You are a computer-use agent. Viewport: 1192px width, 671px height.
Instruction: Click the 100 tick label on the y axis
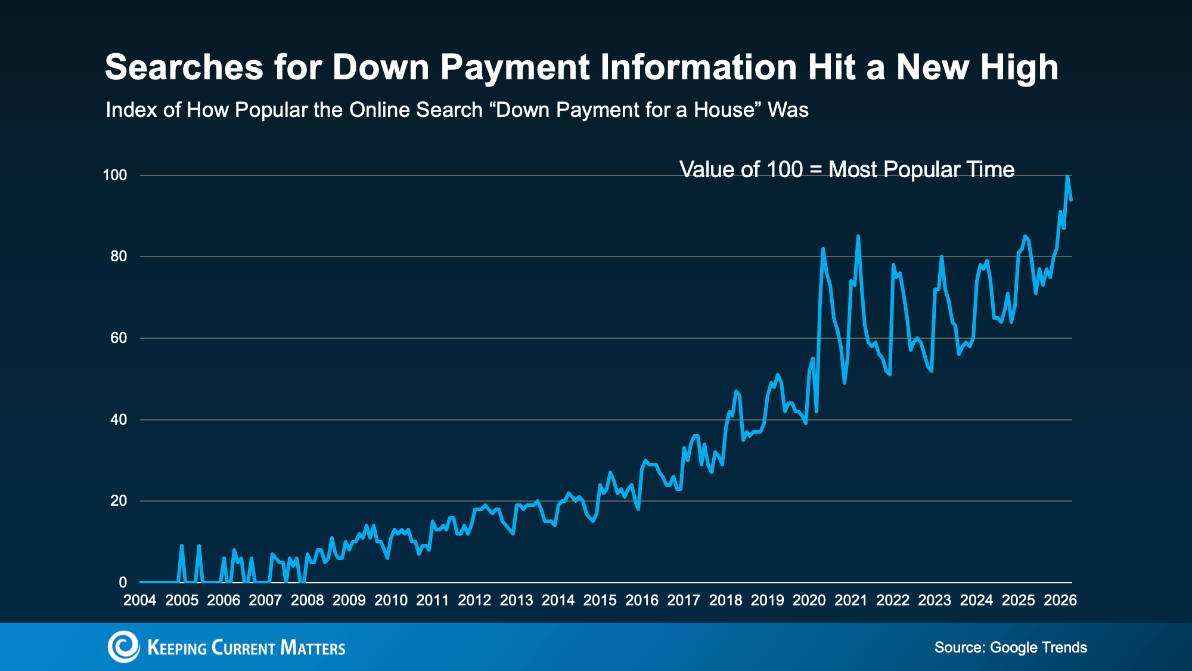(x=115, y=175)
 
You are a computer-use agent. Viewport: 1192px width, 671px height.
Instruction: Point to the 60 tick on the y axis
(x=119, y=338)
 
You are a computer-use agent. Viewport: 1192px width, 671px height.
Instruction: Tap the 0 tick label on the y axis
(x=123, y=582)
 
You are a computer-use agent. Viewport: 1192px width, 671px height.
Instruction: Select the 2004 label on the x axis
(x=139, y=601)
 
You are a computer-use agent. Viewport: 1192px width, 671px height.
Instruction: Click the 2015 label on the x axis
(x=600, y=601)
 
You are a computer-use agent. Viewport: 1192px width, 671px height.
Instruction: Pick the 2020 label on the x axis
(x=809, y=601)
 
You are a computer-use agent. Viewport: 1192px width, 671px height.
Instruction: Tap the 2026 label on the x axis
(x=1060, y=601)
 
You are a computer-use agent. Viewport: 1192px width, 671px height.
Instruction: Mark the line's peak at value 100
(x=1067, y=177)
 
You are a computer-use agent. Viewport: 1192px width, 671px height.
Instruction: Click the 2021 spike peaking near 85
(x=858, y=237)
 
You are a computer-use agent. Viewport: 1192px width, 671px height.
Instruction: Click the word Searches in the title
(x=184, y=67)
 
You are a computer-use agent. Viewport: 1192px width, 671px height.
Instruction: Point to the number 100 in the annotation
(x=784, y=170)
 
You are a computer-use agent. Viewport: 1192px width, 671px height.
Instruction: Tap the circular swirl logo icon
(x=123, y=647)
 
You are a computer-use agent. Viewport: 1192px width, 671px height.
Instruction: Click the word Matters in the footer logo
(x=312, y=648)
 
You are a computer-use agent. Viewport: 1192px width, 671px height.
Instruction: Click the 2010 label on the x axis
(x=390, y=601)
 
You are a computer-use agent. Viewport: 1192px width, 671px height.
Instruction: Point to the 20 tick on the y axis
(x=119, y=501)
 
